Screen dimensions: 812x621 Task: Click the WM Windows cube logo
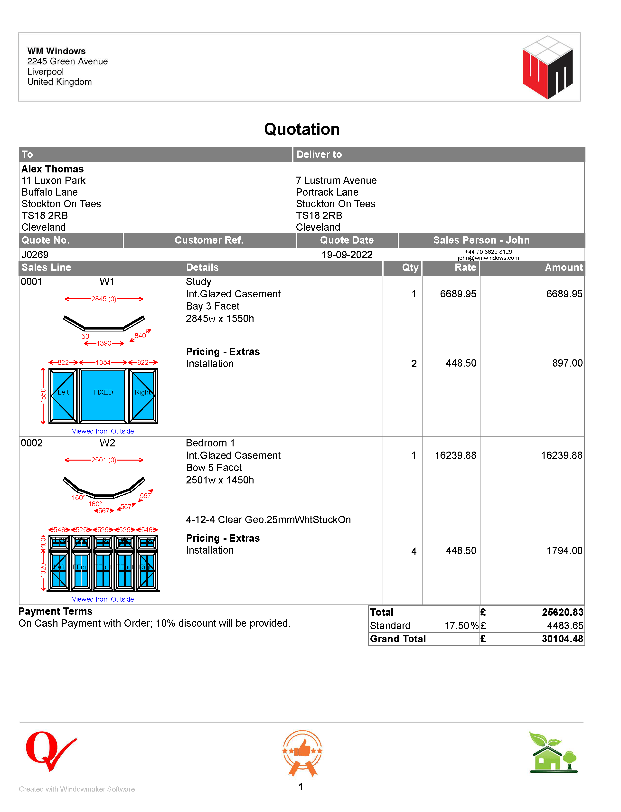547,67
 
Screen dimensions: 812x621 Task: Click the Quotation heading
302,129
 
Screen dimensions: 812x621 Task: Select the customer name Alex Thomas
53,169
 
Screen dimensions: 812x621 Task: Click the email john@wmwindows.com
488,258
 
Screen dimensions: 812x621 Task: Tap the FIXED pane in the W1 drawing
103,392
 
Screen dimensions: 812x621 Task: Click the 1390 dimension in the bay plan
104,343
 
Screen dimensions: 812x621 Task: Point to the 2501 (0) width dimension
104,460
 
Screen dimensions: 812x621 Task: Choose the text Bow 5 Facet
214,468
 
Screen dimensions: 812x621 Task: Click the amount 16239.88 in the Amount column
562,455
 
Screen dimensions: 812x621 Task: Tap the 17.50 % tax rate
461,625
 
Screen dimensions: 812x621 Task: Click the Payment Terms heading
56,611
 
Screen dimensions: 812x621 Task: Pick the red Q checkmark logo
50,750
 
